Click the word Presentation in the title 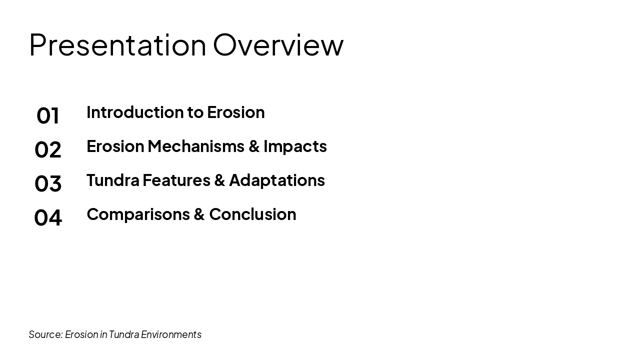(x=117, y=44)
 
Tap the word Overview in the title (x=278, y=44)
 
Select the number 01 (x=48, y=115)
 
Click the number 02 (x=48, y=149)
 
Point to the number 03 (x=48, y=183)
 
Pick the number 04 (x=48, y=217)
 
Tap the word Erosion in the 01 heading (x=235, y=112)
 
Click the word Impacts (x=295, y=146)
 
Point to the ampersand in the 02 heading (x=254, y=146)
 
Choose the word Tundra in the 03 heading (x=112, y=180)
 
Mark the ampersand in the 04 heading (x=199, y=214)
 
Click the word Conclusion (x=252, y=214)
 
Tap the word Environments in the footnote (x=171, y=334)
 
